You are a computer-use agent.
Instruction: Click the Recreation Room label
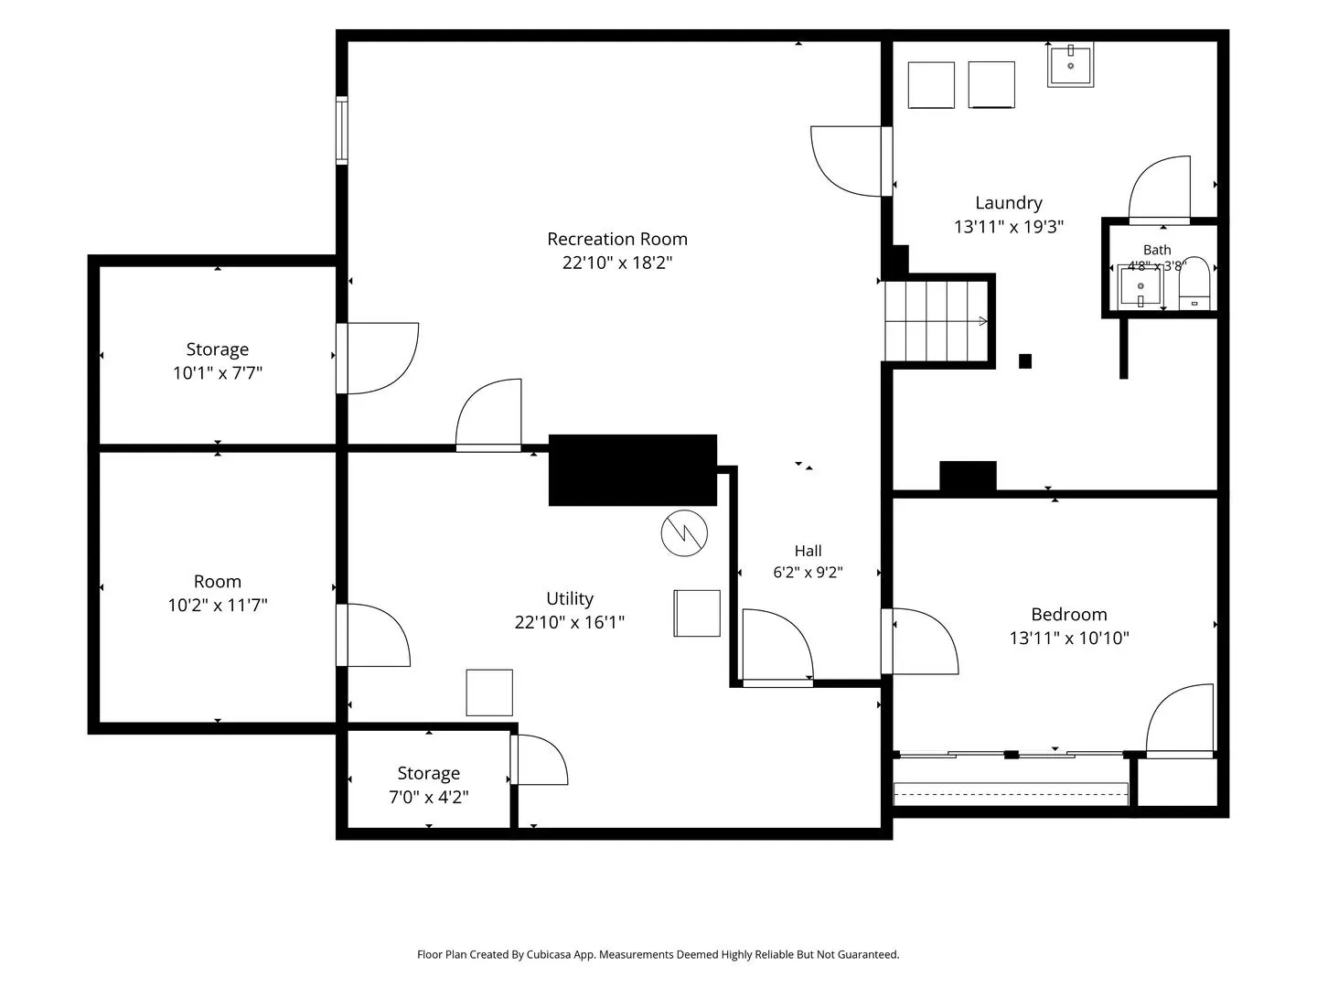pos(616,239)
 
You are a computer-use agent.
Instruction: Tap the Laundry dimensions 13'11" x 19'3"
pos(1009,227)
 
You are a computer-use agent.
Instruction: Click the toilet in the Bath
pos(1194,284)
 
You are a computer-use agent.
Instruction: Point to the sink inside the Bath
pos(1140,286)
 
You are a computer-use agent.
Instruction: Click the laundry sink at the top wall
pos(1070,64)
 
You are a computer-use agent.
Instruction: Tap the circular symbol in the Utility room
pos(684,532)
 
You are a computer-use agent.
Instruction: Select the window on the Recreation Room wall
pos(341,130)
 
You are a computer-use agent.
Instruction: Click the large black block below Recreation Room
pos(632,469)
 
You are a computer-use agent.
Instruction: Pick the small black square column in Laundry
pos(1025,361)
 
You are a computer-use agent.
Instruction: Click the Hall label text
pos(808,551)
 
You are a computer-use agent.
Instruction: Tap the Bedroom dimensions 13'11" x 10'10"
pos(1068,638)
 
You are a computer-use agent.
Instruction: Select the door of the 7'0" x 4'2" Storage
pos(538,759)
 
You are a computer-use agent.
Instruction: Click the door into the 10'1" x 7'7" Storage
pos(377,359)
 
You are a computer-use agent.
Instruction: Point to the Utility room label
pos(570,598)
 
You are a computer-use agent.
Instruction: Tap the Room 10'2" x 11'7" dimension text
pos(217,605)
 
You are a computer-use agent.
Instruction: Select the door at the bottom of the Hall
pos(777,648)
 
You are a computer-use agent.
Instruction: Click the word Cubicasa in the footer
pos(549,955)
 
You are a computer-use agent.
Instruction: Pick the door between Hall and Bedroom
pos(919,641)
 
